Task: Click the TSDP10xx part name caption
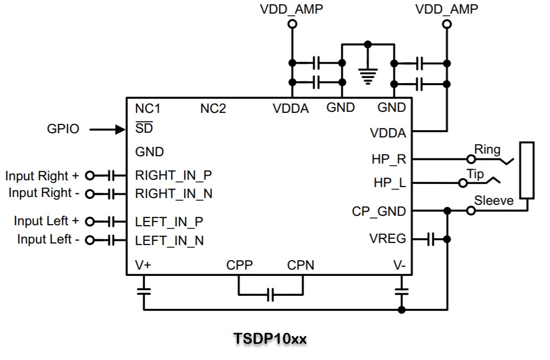(x=270, y=339)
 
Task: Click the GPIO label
(x=63, y=129)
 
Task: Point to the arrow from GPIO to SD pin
(x=108, y=129)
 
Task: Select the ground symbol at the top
(x=368, y=77)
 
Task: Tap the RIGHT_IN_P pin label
(x=173, y=175)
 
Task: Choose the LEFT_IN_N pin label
(x=169, y=241)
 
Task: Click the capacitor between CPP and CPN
(x=270, y=295)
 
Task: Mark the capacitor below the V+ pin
(x=144, y=291)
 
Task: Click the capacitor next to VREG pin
(x=431, y=239)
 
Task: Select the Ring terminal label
(x=487, y=149)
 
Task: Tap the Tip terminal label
(x=475, y=174)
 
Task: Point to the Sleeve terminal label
(x=494, y=201)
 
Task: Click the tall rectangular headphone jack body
(x=527, y=170)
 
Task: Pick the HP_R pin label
(x=389, y=159)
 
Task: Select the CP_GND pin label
(x=379, y=212)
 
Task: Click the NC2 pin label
(x=213, y=109)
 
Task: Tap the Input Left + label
(x=46, y=221)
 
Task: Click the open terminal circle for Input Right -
(x=89, y=194)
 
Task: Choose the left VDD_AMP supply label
(x=291, y=9)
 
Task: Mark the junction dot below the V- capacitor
(x=402, y=310)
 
